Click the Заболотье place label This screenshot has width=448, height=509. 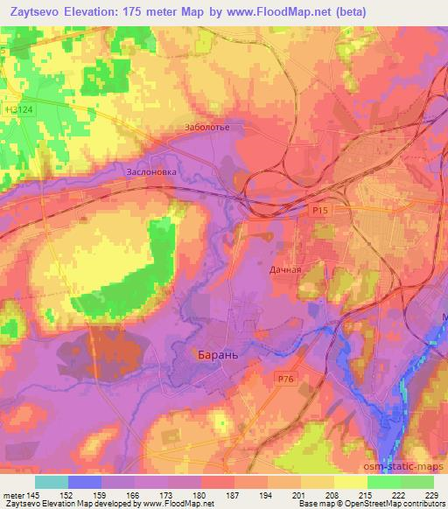tap(206, 128)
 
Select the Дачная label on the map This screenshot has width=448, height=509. tap(284, 269)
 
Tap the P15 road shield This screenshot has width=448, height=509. tap(319, 210)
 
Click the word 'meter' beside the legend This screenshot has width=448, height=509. tap(14, 494)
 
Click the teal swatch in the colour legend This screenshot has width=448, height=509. tap(52, 482)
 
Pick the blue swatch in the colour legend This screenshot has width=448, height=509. tap(85, 482)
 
